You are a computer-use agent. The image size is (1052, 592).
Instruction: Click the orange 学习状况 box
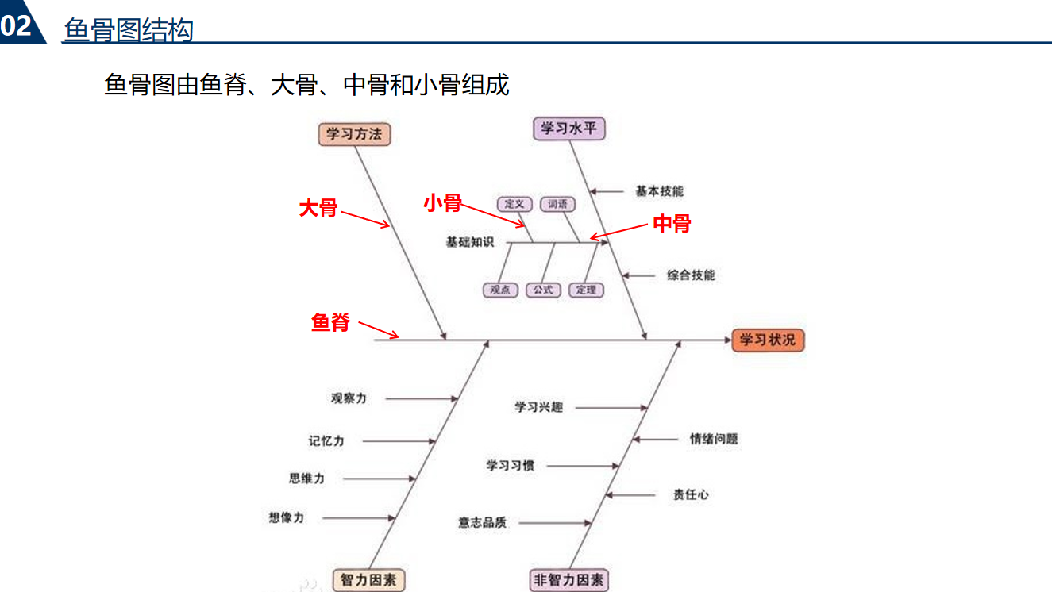[x=768, y=340]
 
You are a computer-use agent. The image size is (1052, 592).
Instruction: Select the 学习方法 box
[x=354, y=134]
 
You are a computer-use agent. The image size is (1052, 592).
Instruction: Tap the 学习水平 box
[x=568, y=129]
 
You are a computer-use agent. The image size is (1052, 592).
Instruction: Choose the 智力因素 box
[x=368, y=580]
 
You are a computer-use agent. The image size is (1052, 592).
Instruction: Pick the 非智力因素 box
[x=568, y=580]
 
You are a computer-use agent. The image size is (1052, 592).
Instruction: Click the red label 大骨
[x=318, y=209]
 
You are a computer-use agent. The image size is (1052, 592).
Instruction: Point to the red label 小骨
[x=442, y=203]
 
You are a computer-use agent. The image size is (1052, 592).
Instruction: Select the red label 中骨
[x=672, y=224]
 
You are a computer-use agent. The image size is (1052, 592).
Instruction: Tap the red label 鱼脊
[x=330, y=322]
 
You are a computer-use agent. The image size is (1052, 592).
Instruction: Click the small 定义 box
[x=514, y=204]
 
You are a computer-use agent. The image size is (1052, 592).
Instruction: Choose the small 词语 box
[x=557, y=204]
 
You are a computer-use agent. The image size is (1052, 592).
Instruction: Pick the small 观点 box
[x=500, y=290]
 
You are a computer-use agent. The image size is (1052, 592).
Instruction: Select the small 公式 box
[x=543, y=290]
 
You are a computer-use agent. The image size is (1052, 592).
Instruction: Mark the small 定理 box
[x=586, y=290]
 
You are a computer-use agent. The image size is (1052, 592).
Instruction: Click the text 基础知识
[x=470, y=242]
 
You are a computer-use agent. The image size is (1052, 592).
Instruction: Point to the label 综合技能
[x=691, y=275]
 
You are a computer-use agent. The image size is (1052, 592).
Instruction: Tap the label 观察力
[x=349, y=398]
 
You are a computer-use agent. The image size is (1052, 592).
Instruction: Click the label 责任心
[x=691, y=494]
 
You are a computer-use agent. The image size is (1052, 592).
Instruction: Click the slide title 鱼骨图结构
[x=129, y=30]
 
